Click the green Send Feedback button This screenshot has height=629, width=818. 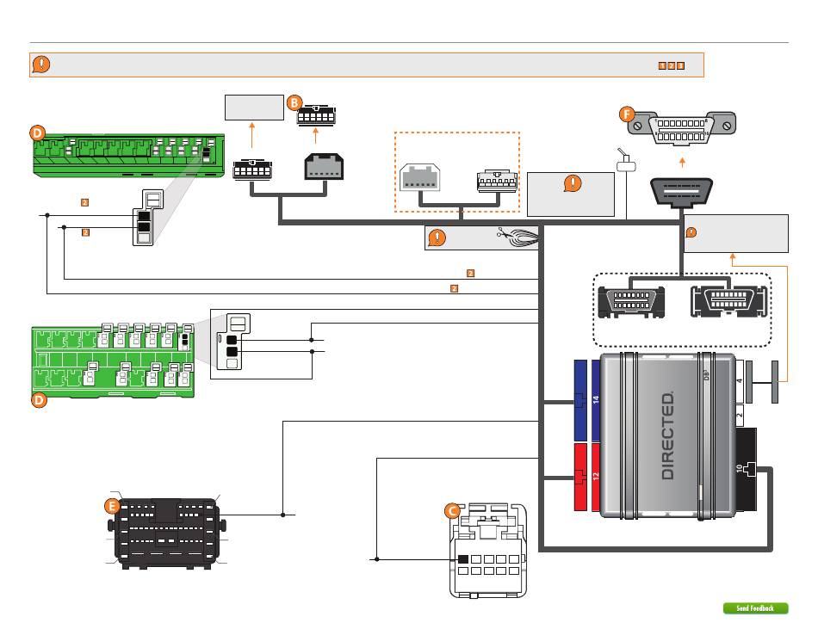(x=755, y=608)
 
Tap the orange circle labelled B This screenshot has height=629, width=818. (x=294, y=102)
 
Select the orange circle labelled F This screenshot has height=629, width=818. (x=627, y=113)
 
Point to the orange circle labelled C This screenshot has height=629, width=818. (x=451, y=510)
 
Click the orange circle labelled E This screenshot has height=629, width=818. (x=111, y=507)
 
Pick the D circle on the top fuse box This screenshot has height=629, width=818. (x=37, y=133)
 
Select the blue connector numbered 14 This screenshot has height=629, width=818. (x=593, y=400)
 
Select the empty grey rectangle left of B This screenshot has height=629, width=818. (x=253, y=108)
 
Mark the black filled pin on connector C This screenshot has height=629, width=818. (x=463, y=560)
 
